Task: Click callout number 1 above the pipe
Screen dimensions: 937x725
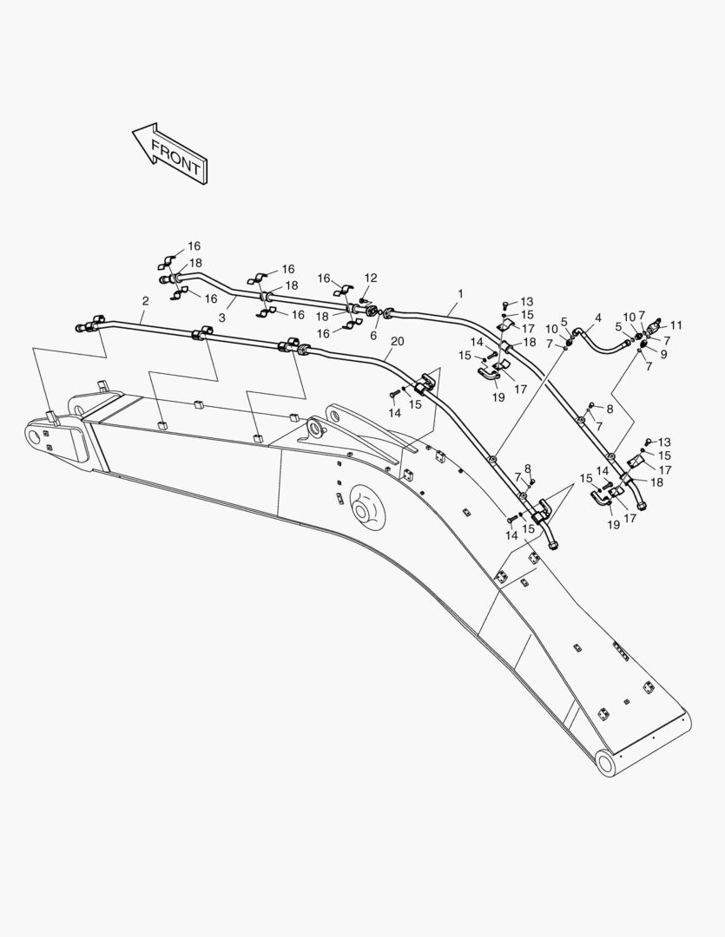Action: (x=460, y=294)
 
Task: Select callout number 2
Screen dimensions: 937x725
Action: (x=145, y=301)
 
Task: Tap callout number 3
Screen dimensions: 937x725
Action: (x=221, y=318)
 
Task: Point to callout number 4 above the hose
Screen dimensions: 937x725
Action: (x=597, y=318)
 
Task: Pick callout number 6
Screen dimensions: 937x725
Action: (x=374, y=335)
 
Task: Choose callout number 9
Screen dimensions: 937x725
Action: (x=664, y=354)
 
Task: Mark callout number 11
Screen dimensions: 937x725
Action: (x=676, y=325)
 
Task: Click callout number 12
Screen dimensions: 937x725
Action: (x=371, y=278)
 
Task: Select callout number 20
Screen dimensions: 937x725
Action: (x=397, y=341)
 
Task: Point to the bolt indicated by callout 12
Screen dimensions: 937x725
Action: (x=365, y=300)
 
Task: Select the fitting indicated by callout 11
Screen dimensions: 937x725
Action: (x=657, y=323)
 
